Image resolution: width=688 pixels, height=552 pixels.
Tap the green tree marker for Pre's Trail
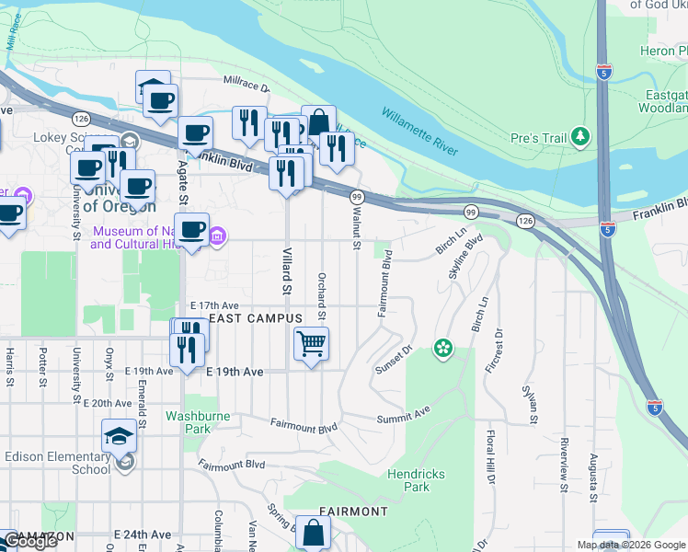(x=579, y=138)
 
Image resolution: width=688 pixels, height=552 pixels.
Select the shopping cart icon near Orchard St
(x=311, y=344)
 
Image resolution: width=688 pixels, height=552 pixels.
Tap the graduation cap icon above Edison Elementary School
(x=120, y=436)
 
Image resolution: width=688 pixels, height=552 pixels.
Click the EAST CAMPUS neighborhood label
(x=256, y=318)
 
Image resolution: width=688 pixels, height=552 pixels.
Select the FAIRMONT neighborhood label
(x=353, y=511)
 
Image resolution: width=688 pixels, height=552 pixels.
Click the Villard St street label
(x=287, y=272)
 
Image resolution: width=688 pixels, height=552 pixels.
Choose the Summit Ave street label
(x=404, y=419)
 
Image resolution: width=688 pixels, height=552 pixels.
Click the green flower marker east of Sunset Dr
(x=443, y=348)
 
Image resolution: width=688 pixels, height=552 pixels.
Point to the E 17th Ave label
(x=214, y=305)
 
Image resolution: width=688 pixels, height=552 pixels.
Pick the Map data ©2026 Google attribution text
(x=631, y=545)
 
